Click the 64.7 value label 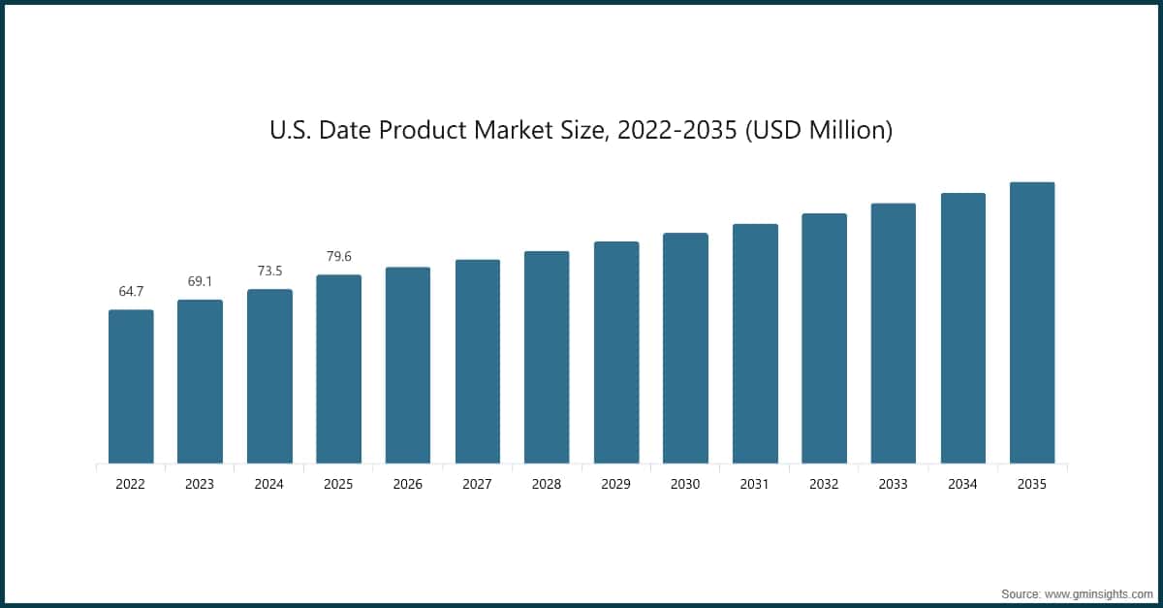click(x=131, y=291)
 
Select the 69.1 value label click(x=200, y=281)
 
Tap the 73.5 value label click(x=269, y=271)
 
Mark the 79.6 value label click(x=338, y=257)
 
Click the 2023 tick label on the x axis click(x=200, y=484)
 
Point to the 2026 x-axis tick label click(x=408, y=484)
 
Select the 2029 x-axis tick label click(x=616, y=484)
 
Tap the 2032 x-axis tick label click(x=824, y=484)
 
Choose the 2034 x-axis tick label click(x=962, y=484)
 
